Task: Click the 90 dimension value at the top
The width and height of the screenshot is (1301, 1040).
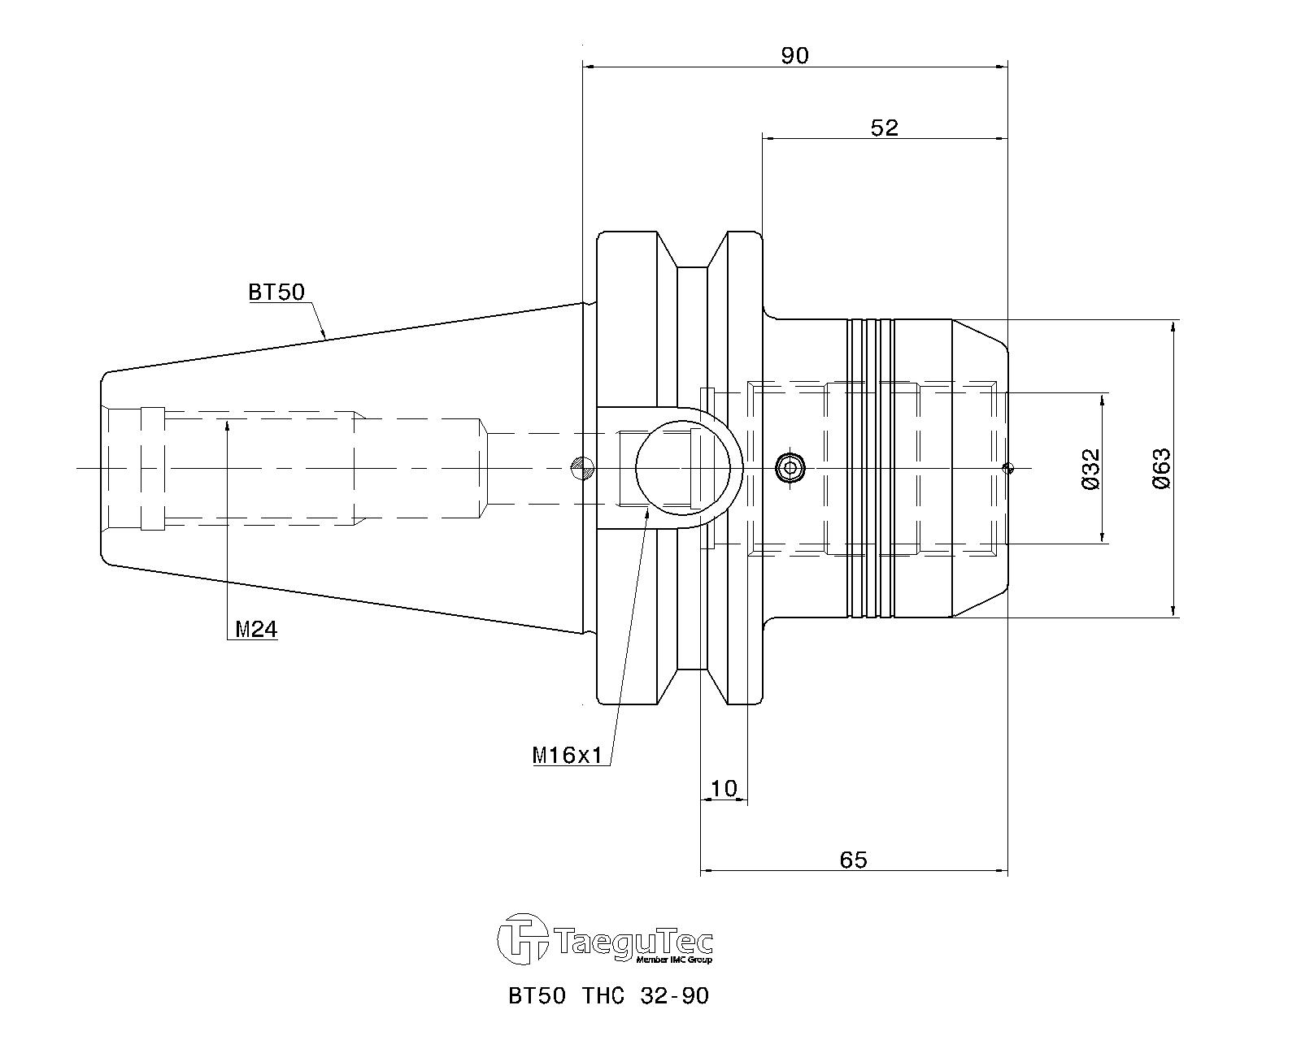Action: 794,55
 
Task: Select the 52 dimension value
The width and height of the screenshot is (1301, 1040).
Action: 885,128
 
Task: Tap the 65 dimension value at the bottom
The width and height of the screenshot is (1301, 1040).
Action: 853,860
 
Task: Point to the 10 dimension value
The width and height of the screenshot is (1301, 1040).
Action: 723,788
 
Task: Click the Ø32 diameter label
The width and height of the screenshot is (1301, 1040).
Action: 1091,469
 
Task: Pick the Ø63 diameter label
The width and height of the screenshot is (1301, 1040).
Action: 1161,468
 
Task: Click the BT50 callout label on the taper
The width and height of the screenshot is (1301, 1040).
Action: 276,292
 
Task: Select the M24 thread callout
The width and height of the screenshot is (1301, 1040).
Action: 255,630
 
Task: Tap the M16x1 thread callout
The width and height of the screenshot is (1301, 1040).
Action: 567,756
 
